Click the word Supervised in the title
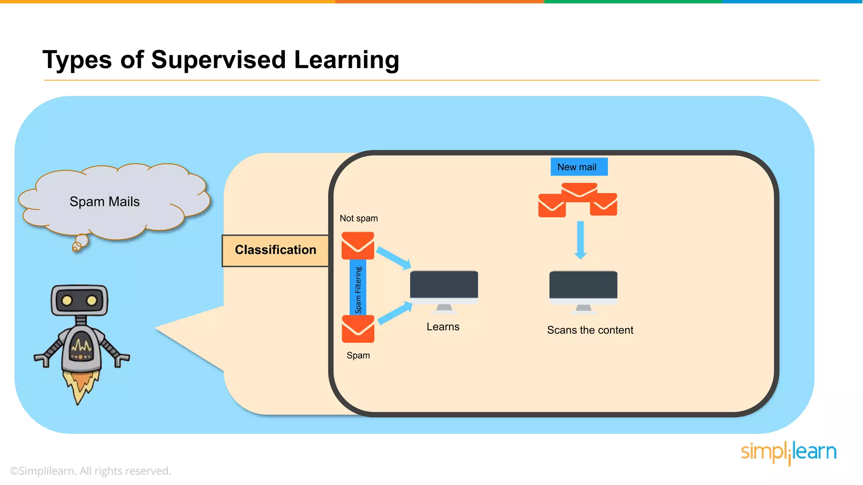point(218,60)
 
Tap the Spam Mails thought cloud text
point(105,202)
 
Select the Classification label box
point(275,250)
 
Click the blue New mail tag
point(579,167)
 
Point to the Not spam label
point(359,219)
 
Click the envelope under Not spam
point(358,245)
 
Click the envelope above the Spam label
point(358,329)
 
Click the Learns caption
point(443,327)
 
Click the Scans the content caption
point(590,330)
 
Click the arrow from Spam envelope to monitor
point(395,314)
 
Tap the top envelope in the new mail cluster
point(579,190)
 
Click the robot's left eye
point(67,300)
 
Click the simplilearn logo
point(788,452)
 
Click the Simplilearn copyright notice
point(91,471)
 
